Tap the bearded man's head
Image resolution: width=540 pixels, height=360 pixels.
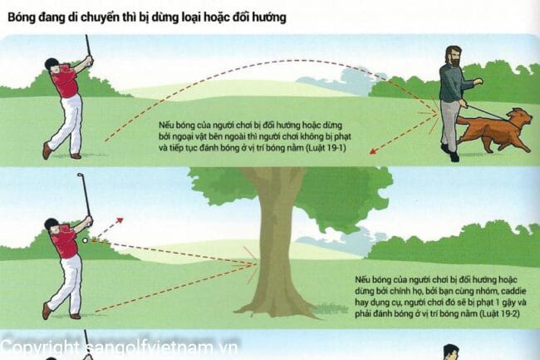pos(454,57)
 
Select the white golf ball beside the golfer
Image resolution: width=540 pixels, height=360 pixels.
pos(85,239)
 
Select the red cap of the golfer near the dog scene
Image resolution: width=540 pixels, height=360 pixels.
pos(52,64)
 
